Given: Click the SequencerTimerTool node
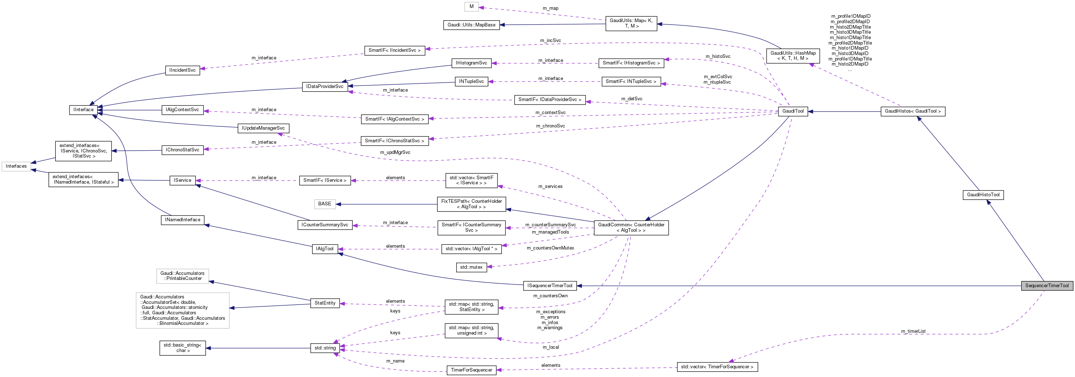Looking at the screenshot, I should [1047, 286].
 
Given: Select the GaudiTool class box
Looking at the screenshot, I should [793, 111].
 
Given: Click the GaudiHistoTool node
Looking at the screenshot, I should [983, 195].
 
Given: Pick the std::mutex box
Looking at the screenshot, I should [471, 267].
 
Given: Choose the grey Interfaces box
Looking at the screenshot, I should [16, 166].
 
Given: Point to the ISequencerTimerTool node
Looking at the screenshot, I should [549, 286].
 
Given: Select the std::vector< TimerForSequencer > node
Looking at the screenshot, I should [717, 367].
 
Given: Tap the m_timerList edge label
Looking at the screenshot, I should [913, 331].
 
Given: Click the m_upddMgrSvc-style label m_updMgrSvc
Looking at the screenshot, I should [395, 152].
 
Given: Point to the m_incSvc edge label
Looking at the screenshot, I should [550, 41].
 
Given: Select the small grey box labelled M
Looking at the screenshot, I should [471, 7].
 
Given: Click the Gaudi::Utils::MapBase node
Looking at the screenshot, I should [471, 25].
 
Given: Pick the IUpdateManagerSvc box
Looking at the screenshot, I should [263, 128].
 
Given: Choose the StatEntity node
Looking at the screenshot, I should [325, 303].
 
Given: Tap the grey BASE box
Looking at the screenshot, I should [324, 204].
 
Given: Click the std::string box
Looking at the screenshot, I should [325, 348].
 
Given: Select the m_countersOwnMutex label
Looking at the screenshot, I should [550, 248].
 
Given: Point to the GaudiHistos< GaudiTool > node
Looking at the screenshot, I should [912, 112].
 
